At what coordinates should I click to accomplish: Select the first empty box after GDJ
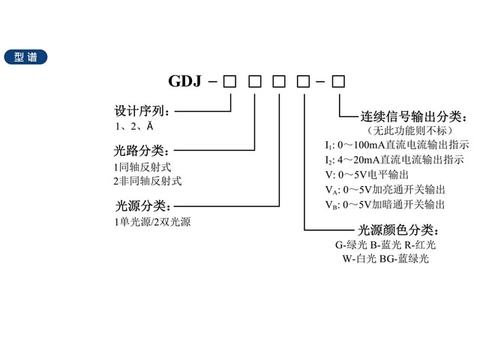pyautogui.click(x=230, y=79)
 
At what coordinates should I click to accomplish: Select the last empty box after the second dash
pyautogui.click(x=339, y=79)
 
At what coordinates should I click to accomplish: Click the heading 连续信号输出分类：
pyautogui.click(x=414, y=117)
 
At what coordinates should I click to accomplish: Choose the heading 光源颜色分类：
pyautogui.click(x=403, y=229)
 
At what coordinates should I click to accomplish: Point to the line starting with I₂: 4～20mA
pyautogui.click(x=394, y=160)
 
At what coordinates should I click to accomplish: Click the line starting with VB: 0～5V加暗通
pyautogui.click(x=385, y=204)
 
